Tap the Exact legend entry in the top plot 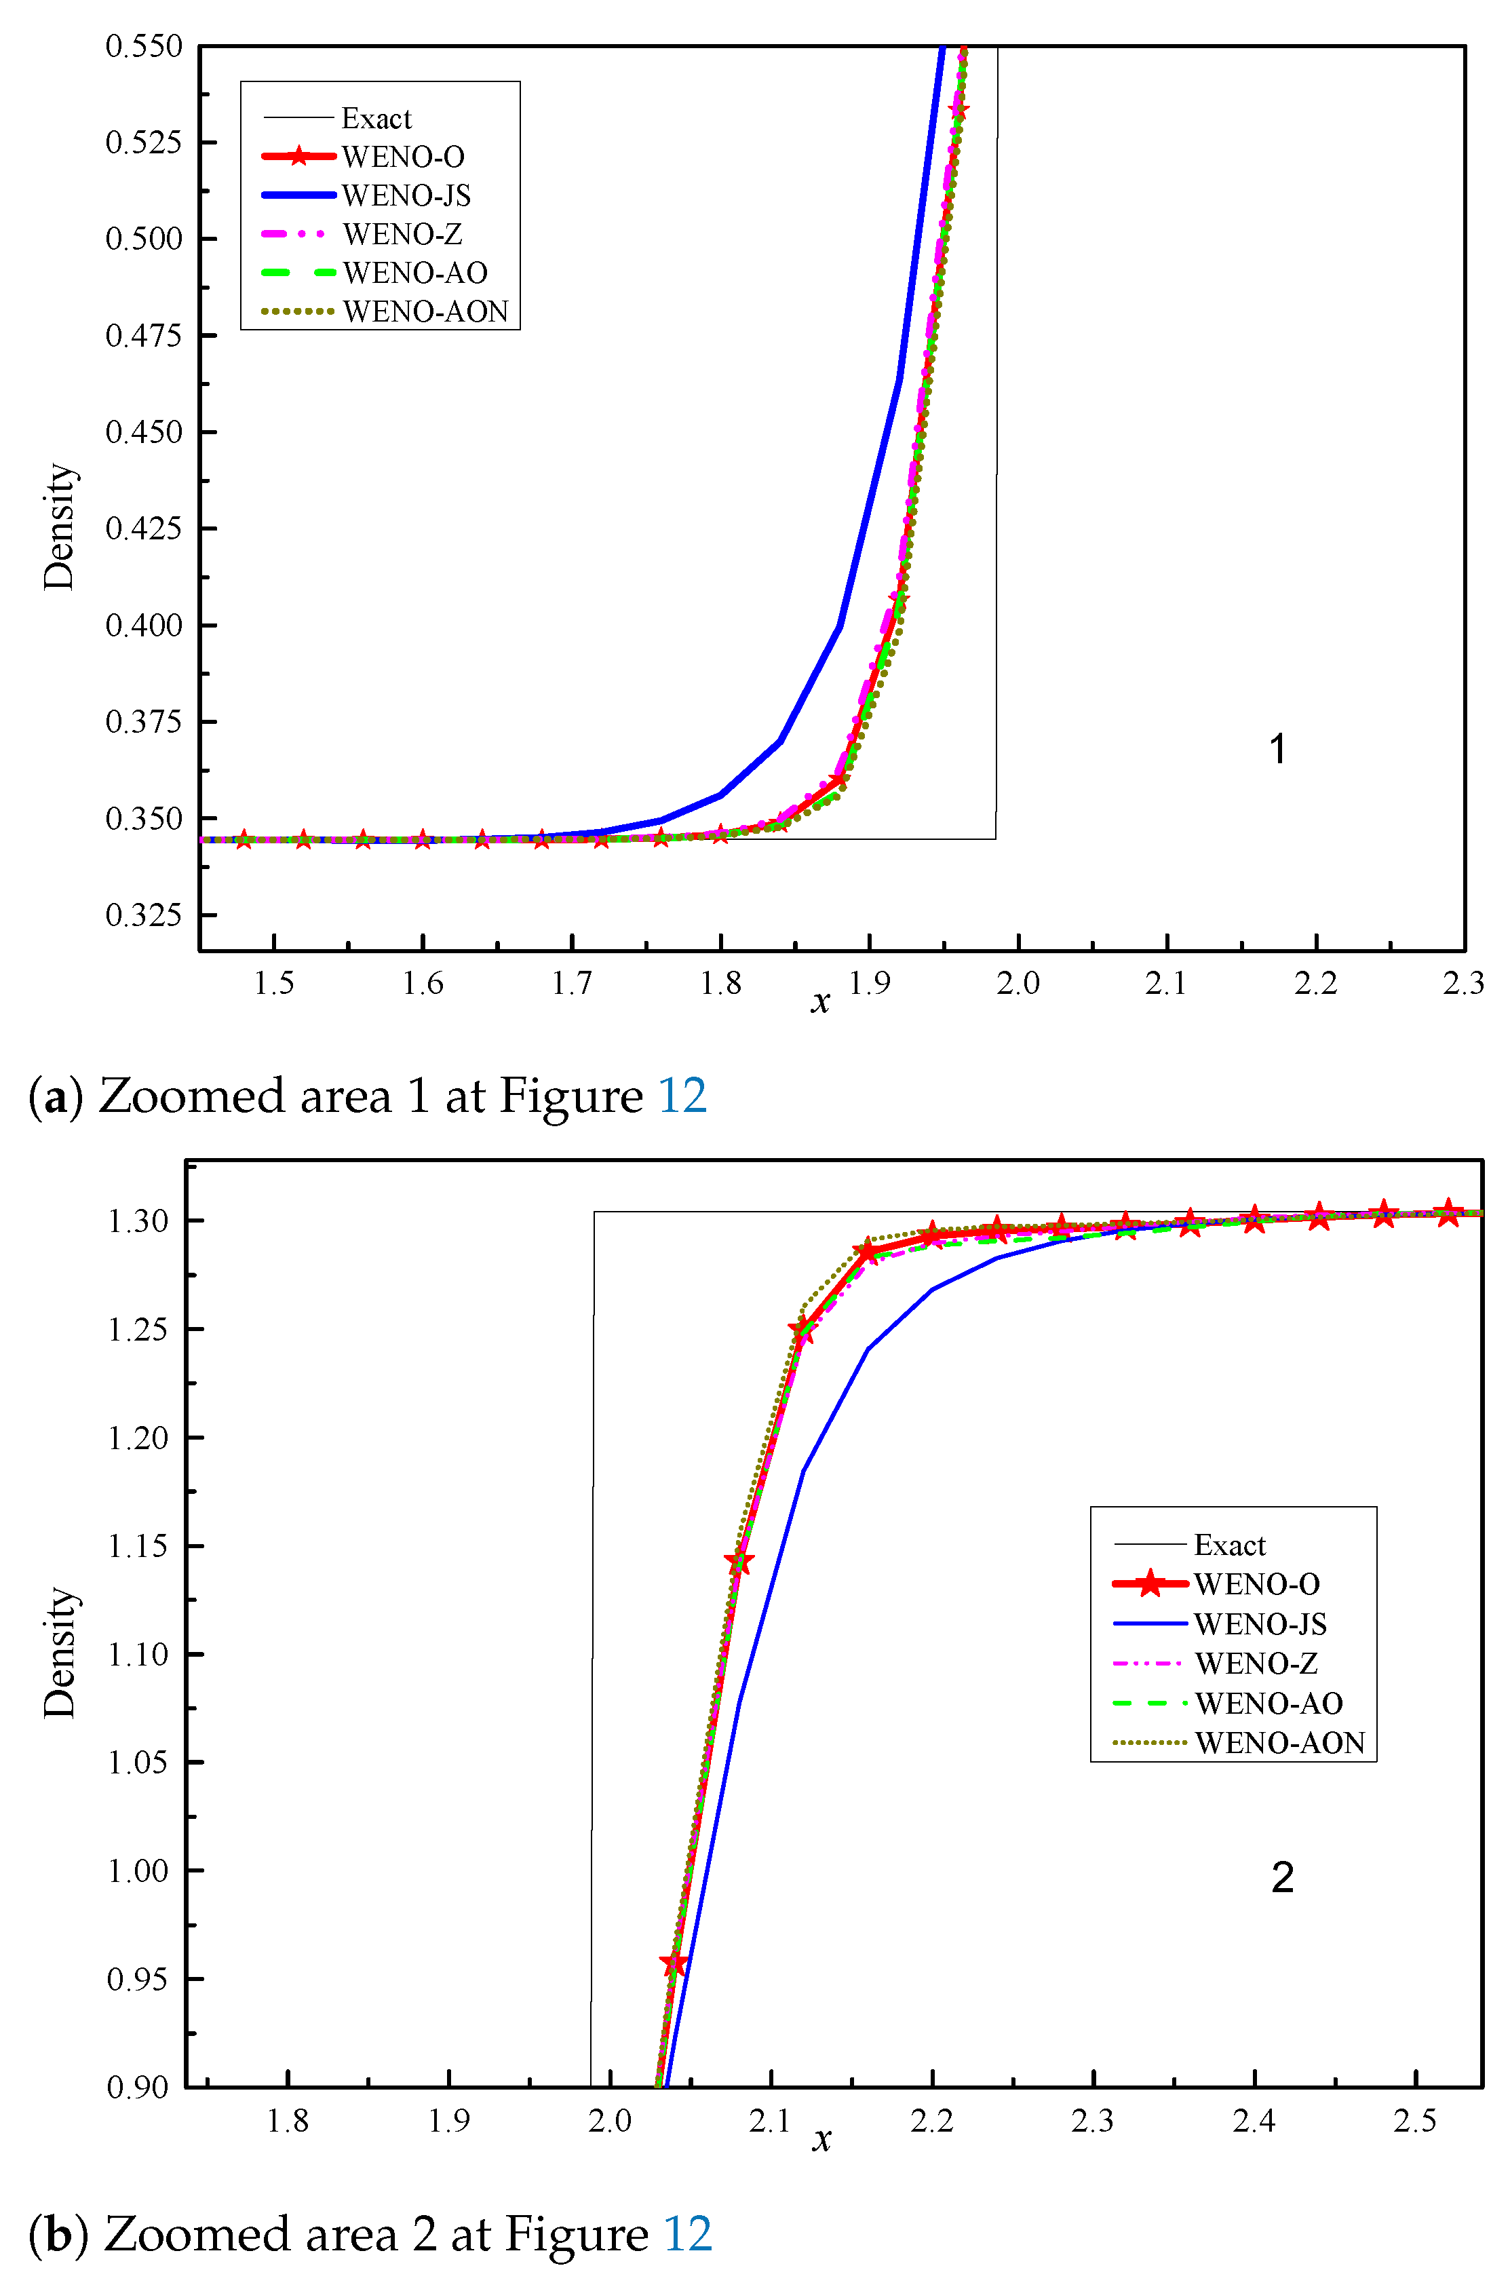point(376,119)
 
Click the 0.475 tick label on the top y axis point(144,335)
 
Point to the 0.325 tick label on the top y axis point(144,914)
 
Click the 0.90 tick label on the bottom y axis point(138,2088)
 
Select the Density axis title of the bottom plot point(59,1653)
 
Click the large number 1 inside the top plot point(1278,749)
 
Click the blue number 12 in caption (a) point(682,1096)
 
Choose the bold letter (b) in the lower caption point(58,2234)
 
